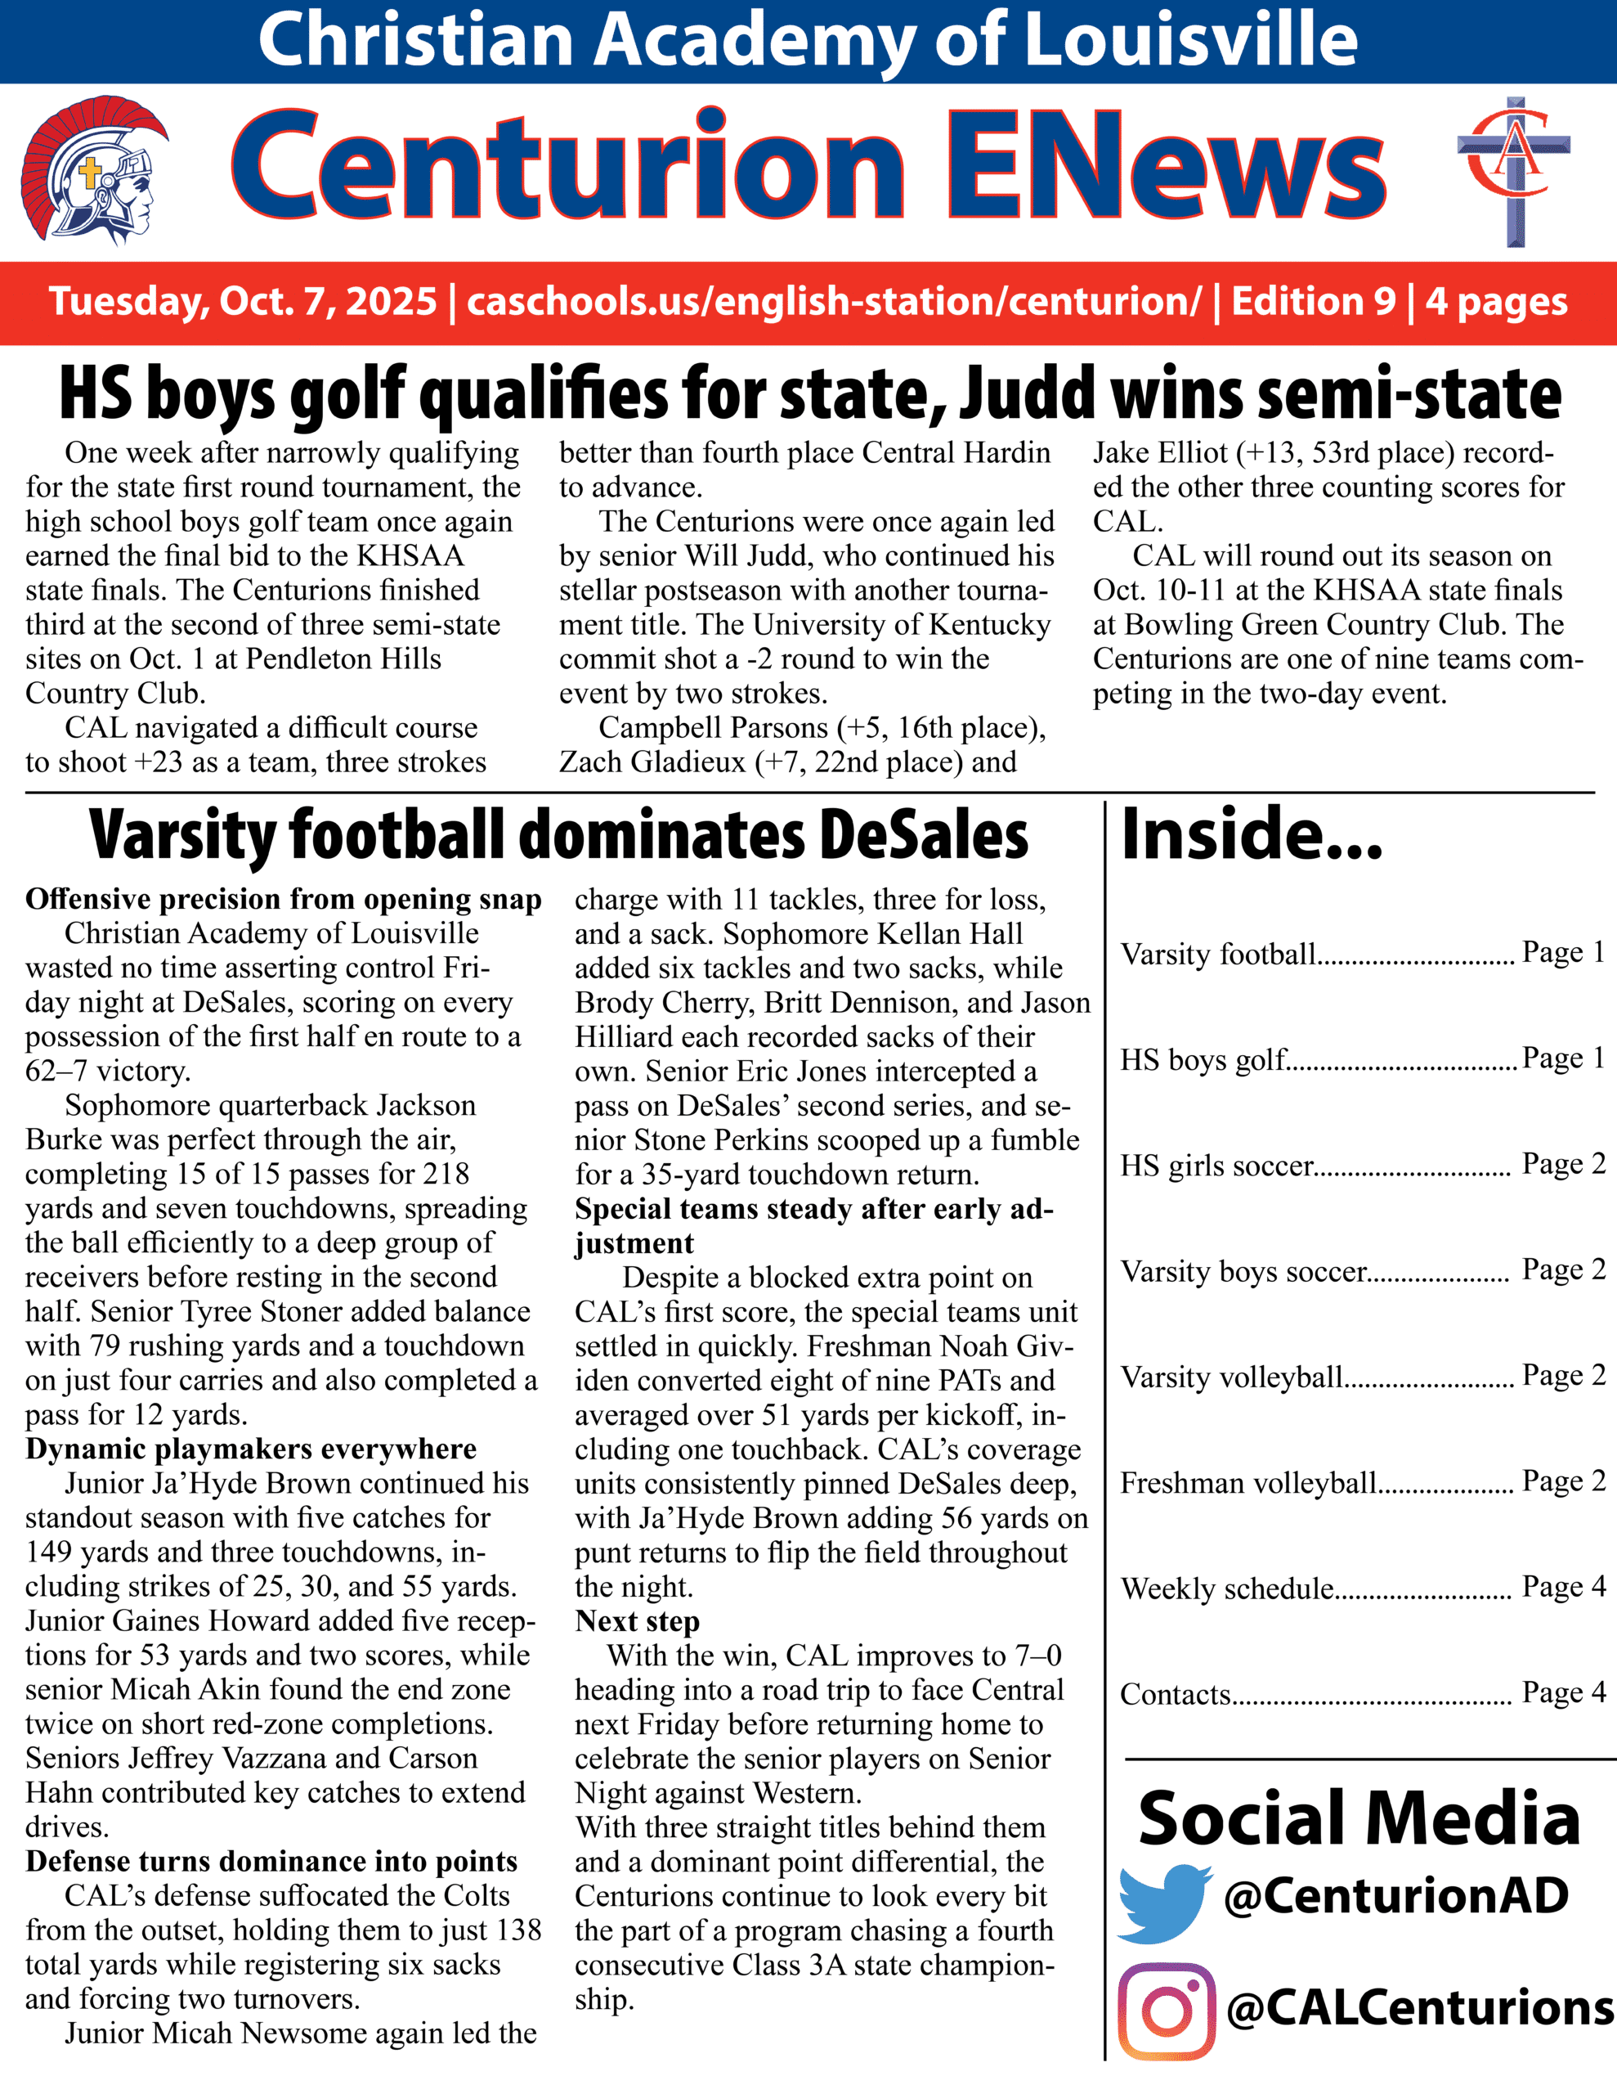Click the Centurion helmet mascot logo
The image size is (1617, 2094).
[x=94, y=174]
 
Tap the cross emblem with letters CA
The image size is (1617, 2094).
[x=1515, y=171]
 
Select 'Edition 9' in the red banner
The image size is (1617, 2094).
[x=1313, y=302]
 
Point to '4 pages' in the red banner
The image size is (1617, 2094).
[x=1496, y=302]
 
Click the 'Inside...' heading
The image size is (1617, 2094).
[x=1251, y=834]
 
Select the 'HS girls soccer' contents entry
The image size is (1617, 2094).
[x=1217, y=1166]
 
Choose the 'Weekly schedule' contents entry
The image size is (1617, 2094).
[x=1227, y=1588]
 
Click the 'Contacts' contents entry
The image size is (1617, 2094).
[x=1175, y=1694]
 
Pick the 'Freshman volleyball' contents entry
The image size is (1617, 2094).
[x=1248, y=1483]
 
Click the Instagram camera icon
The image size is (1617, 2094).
[x=1167, y=2011]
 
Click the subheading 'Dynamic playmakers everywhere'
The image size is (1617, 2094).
[x=251, y=1449]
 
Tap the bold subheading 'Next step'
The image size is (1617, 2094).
[x=638, y=1621]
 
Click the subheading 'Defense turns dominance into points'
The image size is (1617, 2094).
[x=271, y=1861]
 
